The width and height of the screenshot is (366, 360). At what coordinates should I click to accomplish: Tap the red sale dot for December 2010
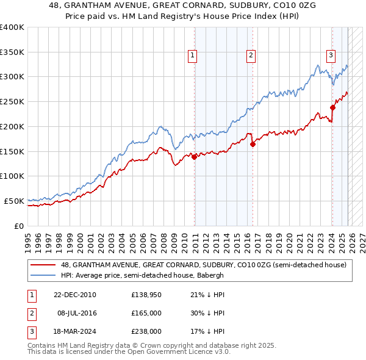pos(195,157)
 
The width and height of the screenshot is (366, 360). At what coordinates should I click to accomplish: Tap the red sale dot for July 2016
pos(253,144)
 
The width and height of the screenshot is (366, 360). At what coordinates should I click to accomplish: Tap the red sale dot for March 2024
pos(333,107)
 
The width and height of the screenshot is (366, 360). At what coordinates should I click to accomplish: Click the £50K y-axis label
pos(13,201)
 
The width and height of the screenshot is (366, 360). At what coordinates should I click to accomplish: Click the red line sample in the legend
pos(45,265)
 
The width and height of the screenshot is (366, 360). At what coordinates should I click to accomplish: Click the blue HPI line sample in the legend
pos(45,275)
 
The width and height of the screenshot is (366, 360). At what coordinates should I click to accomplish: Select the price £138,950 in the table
pos(146,295)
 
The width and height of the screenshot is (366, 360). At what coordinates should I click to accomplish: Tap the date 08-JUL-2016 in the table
pos(76,313)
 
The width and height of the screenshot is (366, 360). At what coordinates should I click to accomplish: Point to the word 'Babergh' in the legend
pos(209,275)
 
